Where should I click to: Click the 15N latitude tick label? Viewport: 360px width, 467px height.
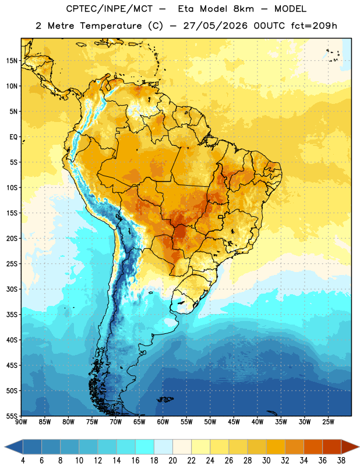pos(12,61)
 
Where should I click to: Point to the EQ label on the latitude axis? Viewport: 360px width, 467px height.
pos(13,137)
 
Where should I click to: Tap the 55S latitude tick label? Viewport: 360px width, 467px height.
pos(12,416)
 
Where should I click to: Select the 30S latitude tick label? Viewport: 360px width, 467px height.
pos(12,289)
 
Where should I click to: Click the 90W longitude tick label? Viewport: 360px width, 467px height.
pos(22,422)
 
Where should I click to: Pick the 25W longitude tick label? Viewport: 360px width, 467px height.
pos(328,422)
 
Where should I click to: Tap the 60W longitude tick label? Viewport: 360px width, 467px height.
pos(163,422)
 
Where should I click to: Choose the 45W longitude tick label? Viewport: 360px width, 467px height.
pos(234,422)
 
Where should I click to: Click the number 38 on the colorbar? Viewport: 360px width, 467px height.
pos(341,461)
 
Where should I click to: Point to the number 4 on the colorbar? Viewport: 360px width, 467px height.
pos(23,461)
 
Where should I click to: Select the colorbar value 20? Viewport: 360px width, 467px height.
pos(172,461)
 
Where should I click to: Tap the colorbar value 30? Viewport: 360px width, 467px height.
pos(266,461)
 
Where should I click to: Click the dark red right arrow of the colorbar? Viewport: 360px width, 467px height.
pos(350,447)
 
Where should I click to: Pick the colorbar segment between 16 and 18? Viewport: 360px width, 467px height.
pos(144,447)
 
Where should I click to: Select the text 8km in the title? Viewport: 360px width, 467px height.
pos(243,9)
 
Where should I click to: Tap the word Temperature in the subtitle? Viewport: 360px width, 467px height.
pos(111,26)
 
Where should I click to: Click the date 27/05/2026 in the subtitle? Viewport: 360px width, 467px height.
pos(215,26)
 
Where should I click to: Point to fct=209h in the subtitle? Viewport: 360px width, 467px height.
pos(314,26)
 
